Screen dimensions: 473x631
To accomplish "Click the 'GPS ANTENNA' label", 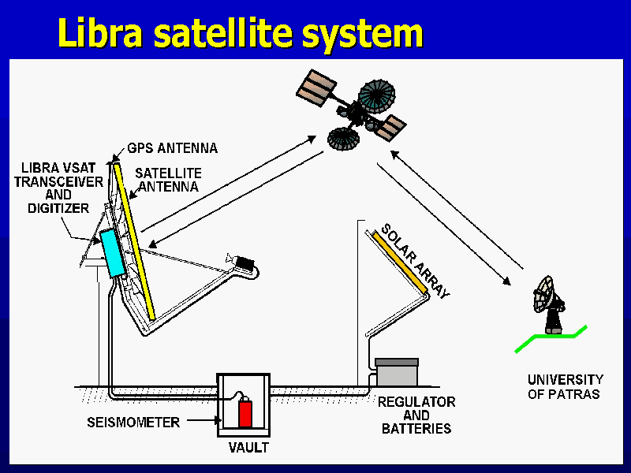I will [x=172, y=147].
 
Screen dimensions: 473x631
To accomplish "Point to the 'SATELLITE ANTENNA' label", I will [x=167, y=180].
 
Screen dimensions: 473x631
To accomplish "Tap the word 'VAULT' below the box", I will [x=248, y=448].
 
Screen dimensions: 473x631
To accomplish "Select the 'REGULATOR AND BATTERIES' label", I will [x=416, y=415].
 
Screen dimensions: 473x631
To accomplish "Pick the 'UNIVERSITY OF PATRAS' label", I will [x=565, y=387].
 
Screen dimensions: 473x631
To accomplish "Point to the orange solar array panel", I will [x=400, y=264].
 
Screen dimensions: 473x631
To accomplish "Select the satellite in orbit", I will [x=359, y=110].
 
